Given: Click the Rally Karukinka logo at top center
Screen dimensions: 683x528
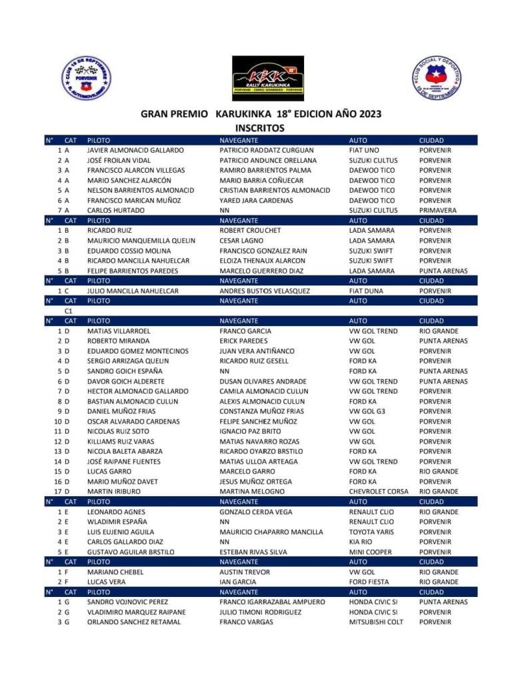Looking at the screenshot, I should (x=267, y=78).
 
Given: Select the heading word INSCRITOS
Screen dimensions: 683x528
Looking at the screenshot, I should (x=260, y=127).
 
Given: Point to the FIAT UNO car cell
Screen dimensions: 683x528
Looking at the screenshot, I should (x=364, y=151).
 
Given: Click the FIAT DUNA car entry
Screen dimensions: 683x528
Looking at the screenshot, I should (x=367, y=291).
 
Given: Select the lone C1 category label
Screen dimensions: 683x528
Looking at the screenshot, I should (x=69, y=311).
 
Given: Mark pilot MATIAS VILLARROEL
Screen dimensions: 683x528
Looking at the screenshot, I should (x=119, y=331).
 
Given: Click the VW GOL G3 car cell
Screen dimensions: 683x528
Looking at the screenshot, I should (x=367, y=412).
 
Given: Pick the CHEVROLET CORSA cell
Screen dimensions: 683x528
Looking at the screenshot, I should (x=379, y=492).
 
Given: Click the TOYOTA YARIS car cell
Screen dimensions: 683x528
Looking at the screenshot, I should (x=372, y=532).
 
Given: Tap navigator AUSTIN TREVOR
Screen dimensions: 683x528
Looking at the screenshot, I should (x=245, y=572).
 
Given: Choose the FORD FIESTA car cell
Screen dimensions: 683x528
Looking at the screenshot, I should (x=369, y=582).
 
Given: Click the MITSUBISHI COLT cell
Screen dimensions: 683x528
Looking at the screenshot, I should (x=376, y=622).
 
